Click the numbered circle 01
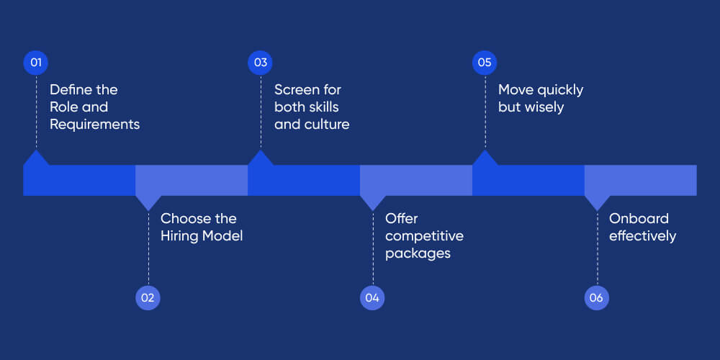tap(36, 63)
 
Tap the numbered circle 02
tap(148, 297)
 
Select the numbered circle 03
tap(261, 63)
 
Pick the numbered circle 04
tap(373, 297)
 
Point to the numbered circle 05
tap(485, 63)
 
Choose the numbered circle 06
tap(597, 297)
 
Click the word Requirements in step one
tap(94, 125)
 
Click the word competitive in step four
tap(424, 236)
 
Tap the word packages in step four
tap(418, 253)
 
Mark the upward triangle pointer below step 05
tap(485, 158)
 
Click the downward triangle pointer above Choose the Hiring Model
tap(148, 202)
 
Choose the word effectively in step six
tap(642, 236)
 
